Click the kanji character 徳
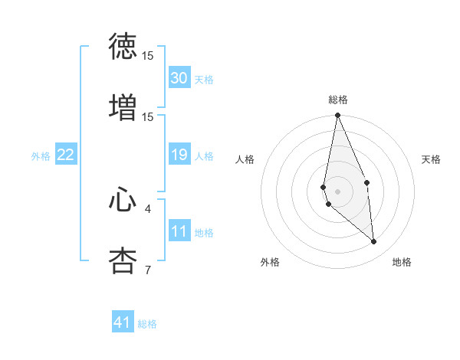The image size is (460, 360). [x=123, y=47]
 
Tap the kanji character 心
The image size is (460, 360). [x=123, y=200]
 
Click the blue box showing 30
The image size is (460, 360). [x=179, y=78]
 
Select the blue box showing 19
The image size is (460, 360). [x=179, y=155]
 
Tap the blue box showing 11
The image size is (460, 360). [x=179, y=232]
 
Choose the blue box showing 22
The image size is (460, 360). [x=65, y=155]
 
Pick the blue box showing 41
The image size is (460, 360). [x=123, y=322]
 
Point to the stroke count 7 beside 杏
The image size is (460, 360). [x=147, y=269]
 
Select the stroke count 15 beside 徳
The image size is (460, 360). [x=147, y=56]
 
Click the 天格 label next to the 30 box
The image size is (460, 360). [x=204, y=79]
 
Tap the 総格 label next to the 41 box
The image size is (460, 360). [x=147, y=324]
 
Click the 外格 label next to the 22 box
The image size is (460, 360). [x=41, y=156]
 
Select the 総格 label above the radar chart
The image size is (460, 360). [x=338, y=100]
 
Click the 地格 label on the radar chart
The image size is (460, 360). [x=402, y=263]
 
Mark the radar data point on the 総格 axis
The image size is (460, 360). [x=338, y=116]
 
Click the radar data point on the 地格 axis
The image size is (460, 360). [x=374, y=241]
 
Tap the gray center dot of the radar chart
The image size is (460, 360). [x=338, y=191]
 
